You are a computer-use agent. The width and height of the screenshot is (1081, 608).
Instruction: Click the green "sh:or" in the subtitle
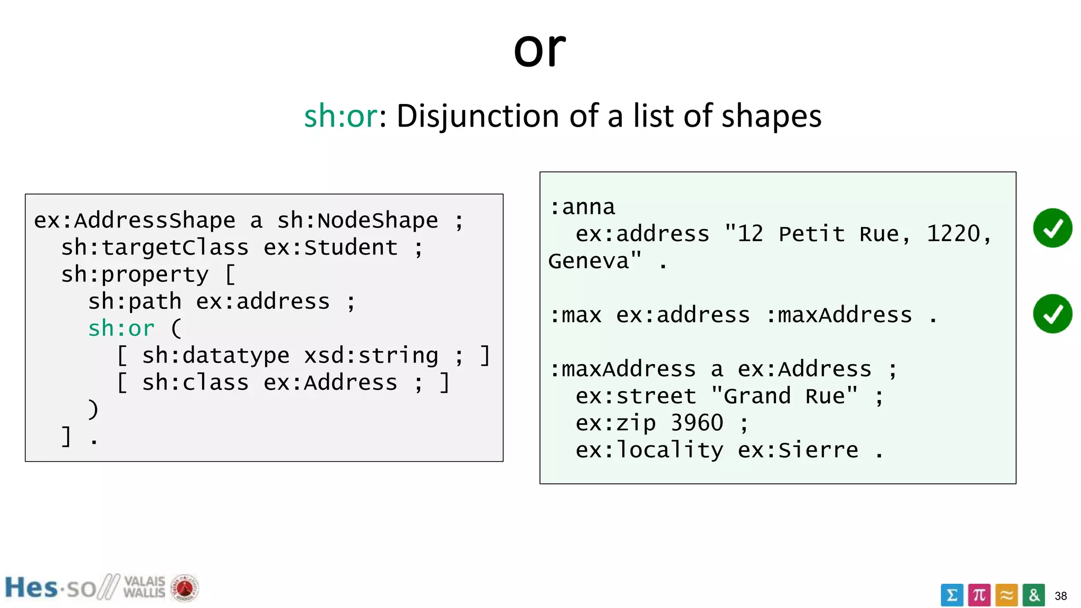click(340, 116)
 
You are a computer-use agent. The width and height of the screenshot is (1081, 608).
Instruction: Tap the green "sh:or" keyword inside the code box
click(121, 329)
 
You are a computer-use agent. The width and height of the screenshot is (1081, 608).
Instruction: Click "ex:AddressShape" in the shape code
click(135, 221)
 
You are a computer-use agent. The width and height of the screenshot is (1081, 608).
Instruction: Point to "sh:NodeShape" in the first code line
click(357, 221)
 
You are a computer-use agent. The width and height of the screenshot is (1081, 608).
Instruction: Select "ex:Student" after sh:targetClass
click(330, 248)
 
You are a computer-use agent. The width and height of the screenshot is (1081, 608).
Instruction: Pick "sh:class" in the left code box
click(195, 383)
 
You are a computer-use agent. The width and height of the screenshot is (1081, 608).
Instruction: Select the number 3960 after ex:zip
click(697, 423)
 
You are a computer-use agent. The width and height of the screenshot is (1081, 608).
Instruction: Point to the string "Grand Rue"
click(784, 396)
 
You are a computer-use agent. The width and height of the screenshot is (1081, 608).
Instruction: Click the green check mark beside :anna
click(1052, 228)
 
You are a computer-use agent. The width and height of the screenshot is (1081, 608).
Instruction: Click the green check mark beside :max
click(1052, 314)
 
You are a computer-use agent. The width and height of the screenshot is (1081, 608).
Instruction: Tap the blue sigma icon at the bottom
click(952, 595)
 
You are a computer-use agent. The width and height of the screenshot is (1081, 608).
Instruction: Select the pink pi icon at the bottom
click(979, 595)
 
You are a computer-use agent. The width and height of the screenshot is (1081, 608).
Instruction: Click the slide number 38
click(1060, 596)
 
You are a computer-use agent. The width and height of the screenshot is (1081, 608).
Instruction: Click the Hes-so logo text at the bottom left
click(50, 588)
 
